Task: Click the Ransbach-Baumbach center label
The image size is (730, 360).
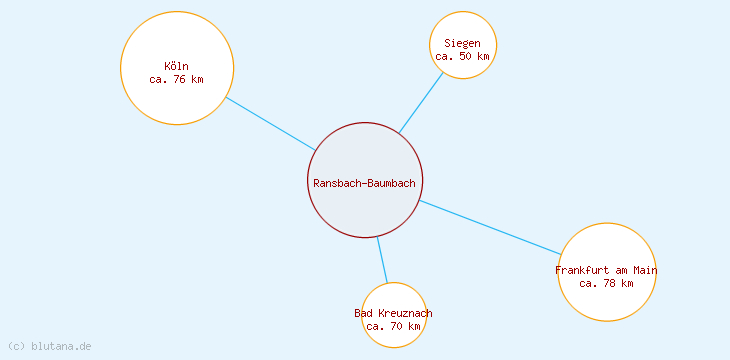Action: [364, 183]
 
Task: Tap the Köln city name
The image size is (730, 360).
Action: [176, 67]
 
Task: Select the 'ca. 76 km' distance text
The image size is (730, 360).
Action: [176, 80]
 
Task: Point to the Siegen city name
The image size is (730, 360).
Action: [463, 43]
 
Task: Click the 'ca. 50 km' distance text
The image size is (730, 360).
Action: [463, 56]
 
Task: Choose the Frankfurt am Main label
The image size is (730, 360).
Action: [606, 270]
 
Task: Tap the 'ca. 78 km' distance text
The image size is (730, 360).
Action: [606, 283]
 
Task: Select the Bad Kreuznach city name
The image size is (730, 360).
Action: [393, 313]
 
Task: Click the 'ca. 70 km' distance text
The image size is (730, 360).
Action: [393, 326]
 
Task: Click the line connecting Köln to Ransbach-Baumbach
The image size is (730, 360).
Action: [270, 123]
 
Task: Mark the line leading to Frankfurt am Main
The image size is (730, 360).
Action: [490, 227]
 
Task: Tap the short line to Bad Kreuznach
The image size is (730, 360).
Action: [382, 260]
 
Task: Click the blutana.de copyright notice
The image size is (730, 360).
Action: [50, 346]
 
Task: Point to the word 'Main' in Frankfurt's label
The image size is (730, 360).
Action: [645, 270]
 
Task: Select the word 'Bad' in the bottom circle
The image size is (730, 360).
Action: [363, 313]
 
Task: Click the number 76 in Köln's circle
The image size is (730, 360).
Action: [180, 80]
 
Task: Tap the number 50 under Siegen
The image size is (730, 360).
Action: [467, 56]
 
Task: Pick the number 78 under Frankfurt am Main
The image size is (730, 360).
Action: [610, 283]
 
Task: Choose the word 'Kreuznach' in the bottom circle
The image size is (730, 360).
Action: [405, 313]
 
